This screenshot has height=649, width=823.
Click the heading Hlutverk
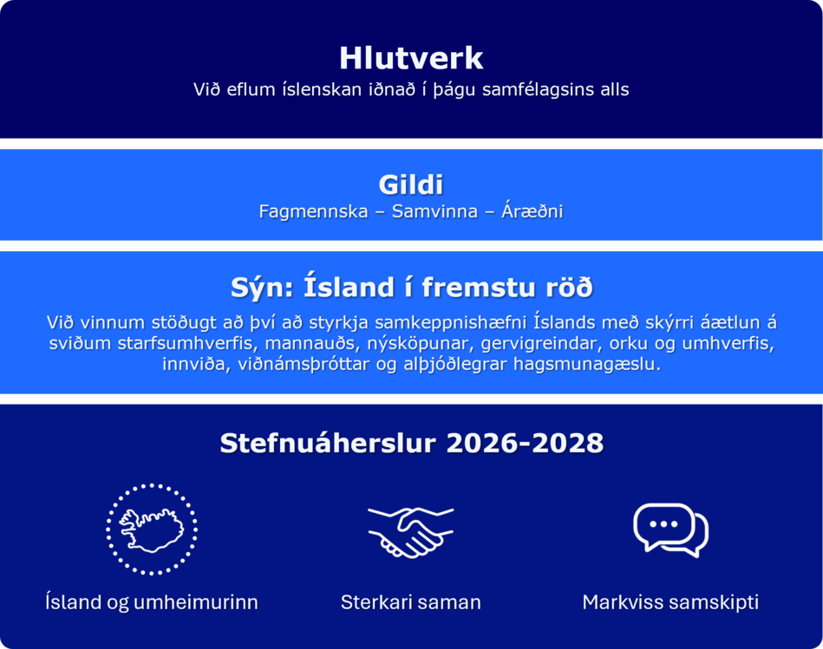[x=411, y=58]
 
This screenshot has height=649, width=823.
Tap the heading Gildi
[x=411, y=185]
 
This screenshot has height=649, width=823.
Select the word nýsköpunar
[x=416, y=344]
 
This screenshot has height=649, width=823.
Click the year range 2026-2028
[x=525, y=444]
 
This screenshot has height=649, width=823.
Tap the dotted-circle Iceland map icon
[x=152, y=529]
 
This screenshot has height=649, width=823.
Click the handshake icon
[x=410, y=530]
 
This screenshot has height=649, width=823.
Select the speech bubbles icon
[x=670, y=529]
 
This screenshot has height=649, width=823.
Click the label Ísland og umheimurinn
[x=152, y=602]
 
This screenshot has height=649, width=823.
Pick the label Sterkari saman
[x=411, y=602]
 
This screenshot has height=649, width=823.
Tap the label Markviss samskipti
[x=670, y=602]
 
